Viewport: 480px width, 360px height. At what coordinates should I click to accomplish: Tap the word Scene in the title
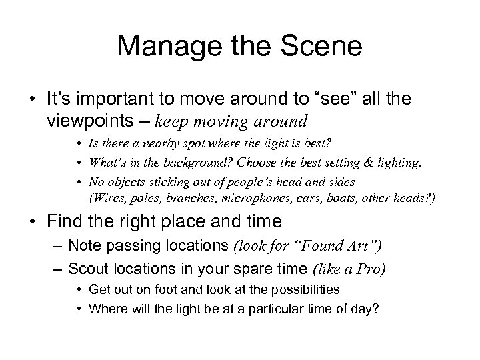click(323, 47)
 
